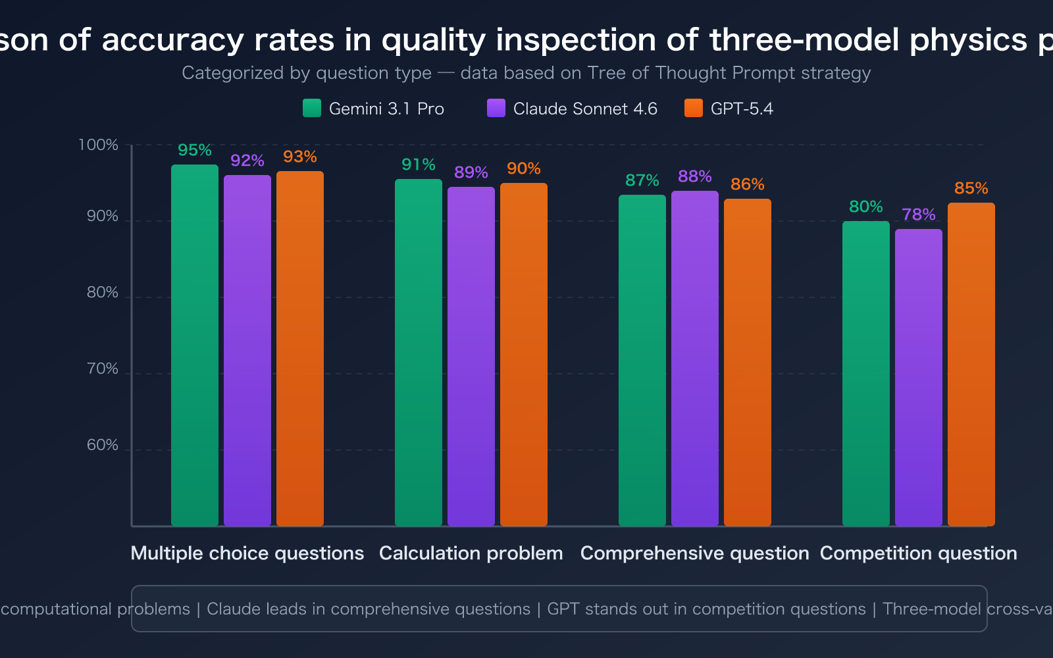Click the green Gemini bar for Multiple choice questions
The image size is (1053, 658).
tap(195, 345)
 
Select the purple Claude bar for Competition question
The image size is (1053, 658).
tap(919, 378)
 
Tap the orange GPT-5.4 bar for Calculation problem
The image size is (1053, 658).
tap(524, 355)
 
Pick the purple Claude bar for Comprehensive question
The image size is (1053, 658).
tap(695, 359)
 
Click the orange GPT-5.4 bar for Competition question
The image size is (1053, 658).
tap(971, 365)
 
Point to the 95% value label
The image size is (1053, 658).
tap(195, 150)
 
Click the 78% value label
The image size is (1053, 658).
tap(919, 215)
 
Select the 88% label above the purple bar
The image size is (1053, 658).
tap(695, 176)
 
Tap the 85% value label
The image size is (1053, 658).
tap(971, 188)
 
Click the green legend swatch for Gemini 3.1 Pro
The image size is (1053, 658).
tap(312, 108)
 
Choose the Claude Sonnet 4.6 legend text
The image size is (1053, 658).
tap(585, 109)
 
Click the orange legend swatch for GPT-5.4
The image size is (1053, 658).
tap(694, 108)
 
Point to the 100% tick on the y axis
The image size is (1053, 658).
tap(98, 145)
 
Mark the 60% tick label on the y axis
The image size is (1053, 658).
tap(103, 445)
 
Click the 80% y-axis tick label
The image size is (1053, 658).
tap(103, 293)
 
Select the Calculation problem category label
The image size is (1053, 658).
tap(471, 553)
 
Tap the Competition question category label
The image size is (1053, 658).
tap(919, 553)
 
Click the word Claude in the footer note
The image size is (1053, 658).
tap(232, 609)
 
